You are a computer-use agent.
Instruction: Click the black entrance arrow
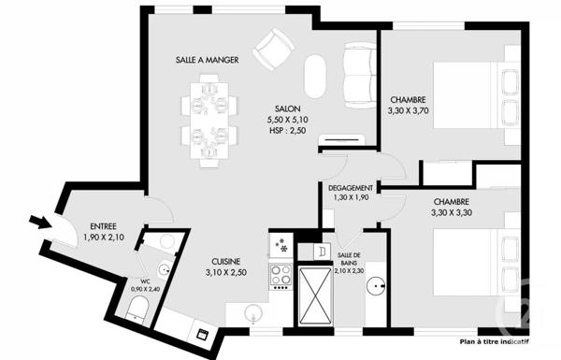tap(40, 222)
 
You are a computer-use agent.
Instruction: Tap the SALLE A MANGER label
tap(207, 60)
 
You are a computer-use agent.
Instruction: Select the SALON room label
tap(288, 108)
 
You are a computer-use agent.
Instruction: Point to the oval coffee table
tap(317, 75)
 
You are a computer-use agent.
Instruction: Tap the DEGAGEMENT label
tap(352, 187)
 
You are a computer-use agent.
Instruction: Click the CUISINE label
tap(225, 262)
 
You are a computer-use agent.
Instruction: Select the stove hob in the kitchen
tap(280, 275)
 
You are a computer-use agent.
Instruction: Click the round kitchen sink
tap(252, 314)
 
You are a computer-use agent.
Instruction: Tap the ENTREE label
tap(103, 226)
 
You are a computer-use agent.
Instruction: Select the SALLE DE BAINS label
tap(351, 260)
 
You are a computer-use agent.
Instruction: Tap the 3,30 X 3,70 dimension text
tap(409, 110)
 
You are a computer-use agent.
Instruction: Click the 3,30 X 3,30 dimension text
tap(451, 212)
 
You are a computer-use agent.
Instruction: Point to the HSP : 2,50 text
tap(288, 131)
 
